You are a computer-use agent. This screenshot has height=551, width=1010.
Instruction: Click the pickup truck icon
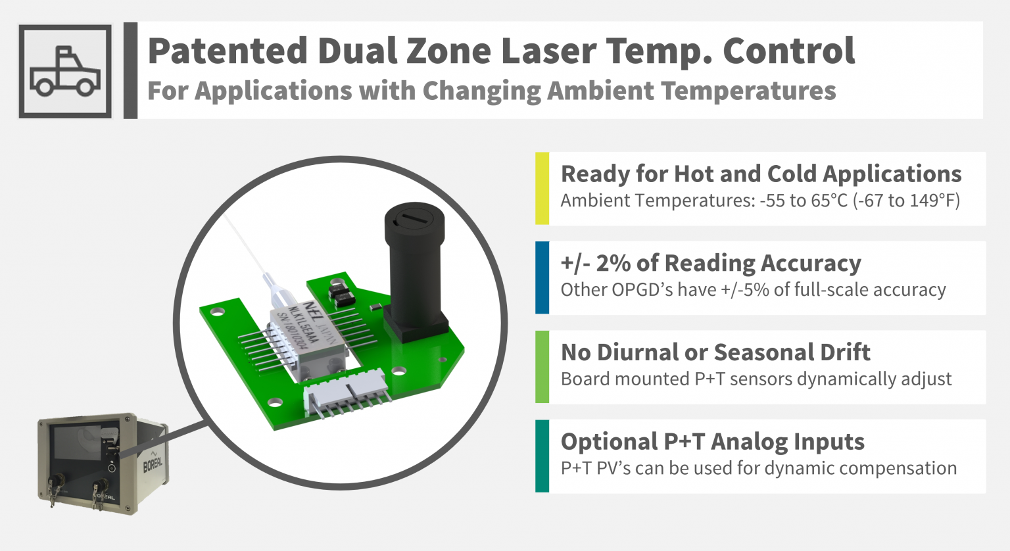(x=65, y=71)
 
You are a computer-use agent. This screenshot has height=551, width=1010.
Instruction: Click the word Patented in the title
(x=228, y=51)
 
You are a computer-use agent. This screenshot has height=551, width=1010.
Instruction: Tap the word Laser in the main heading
(x=549, y=51)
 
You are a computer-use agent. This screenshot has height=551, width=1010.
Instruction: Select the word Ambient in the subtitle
(x=601, y=91)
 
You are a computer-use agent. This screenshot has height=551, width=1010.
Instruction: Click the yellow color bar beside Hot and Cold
(x=542, y=189)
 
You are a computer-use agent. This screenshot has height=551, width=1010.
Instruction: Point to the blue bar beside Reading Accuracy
(x=542, y=277)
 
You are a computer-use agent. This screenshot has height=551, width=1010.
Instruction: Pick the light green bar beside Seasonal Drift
(x=542, y=367)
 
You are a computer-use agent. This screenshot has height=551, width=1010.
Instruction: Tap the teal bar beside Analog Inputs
(x=542, y=456)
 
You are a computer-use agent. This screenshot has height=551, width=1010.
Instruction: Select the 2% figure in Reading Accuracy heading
(x=613, y=263)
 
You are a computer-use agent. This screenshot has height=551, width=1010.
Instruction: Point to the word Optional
(x=609, y=442)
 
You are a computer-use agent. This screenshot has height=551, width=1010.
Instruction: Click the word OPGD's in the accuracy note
(x=638, y=290)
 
